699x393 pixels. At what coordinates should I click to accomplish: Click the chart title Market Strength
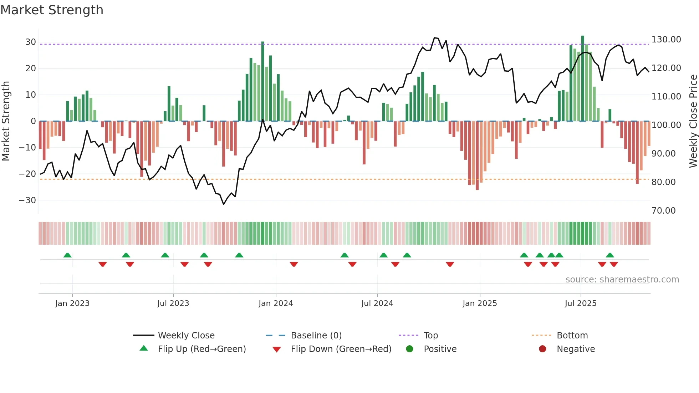(x=52, y=10)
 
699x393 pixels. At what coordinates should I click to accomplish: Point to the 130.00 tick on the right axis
(x=666, y=40)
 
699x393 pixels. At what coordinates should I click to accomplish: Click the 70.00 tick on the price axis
(x=663, y=211)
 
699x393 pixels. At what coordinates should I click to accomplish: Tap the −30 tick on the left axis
(x=27, y=200)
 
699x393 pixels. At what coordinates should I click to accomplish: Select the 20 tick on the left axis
(x=30, y=68)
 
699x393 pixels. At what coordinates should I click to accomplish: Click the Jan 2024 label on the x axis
(x=276, y=303)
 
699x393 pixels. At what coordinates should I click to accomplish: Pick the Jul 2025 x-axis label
(x=580, y=303)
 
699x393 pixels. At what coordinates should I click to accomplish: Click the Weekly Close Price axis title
(x=693, y=121)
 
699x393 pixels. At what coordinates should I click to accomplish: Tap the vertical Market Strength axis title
(x=6, y=121)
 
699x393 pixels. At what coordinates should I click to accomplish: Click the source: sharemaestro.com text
(x=622, y=280)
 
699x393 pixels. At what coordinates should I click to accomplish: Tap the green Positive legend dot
(x=409, y=349)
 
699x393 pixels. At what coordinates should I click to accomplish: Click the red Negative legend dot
(x=542, y=349)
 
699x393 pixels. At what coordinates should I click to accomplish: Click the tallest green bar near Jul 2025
(x=582, y=78)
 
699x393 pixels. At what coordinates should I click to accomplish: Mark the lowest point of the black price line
(x=224, y=204)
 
